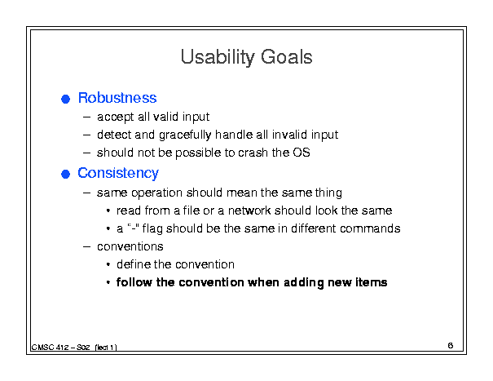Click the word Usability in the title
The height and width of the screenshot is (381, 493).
point(218,57)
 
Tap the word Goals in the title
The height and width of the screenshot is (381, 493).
point(287,57)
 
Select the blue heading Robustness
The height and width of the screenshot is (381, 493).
point(117,98)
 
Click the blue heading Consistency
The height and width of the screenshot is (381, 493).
point(118,174)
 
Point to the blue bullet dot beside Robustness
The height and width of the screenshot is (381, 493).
point(65,100)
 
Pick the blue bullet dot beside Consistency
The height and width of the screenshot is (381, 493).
point(65,174)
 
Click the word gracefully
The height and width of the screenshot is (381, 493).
point(185,135)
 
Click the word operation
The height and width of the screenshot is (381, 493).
point(157,193)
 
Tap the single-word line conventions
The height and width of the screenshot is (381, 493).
point(130,246)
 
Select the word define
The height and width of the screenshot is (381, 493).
point(134,264)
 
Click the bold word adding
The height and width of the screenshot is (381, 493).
point(304,282)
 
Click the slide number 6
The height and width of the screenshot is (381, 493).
point(451,345)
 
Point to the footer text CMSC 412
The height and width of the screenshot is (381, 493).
point(51,348)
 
